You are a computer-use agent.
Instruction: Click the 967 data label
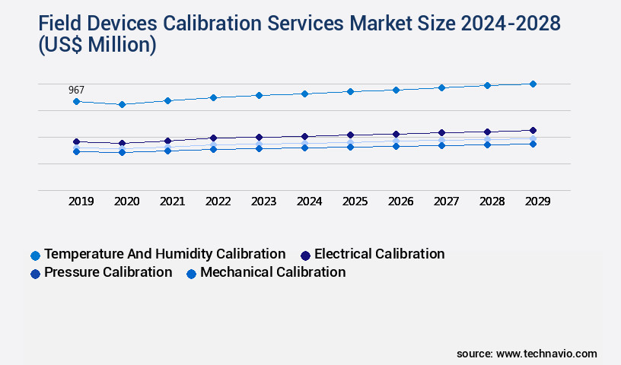point(76,90)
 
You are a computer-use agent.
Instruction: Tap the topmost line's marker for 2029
point(533,84)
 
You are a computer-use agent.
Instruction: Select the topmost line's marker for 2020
point(122,104)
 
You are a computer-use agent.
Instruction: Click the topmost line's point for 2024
point(304,94)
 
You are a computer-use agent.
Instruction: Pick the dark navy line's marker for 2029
point(533,130)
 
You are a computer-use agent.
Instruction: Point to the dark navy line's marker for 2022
point(213,138)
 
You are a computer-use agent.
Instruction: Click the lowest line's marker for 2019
point(76,151)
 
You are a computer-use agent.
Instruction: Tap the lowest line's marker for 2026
point(396,146)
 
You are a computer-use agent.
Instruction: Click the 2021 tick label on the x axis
point(172,202)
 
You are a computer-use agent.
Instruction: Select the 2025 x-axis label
point(355,202)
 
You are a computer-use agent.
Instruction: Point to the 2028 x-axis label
point(492,202)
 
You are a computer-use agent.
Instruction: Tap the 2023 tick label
point(263,202)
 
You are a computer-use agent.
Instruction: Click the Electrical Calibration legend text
point(379,254)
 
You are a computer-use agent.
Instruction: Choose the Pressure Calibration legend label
point(108,272)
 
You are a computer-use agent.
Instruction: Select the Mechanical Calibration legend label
point(272,272)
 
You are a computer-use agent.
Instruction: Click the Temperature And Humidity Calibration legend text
point(165,254)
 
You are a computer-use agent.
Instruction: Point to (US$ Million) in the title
point(97,46)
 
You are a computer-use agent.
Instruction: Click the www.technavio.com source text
point(546,354)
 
